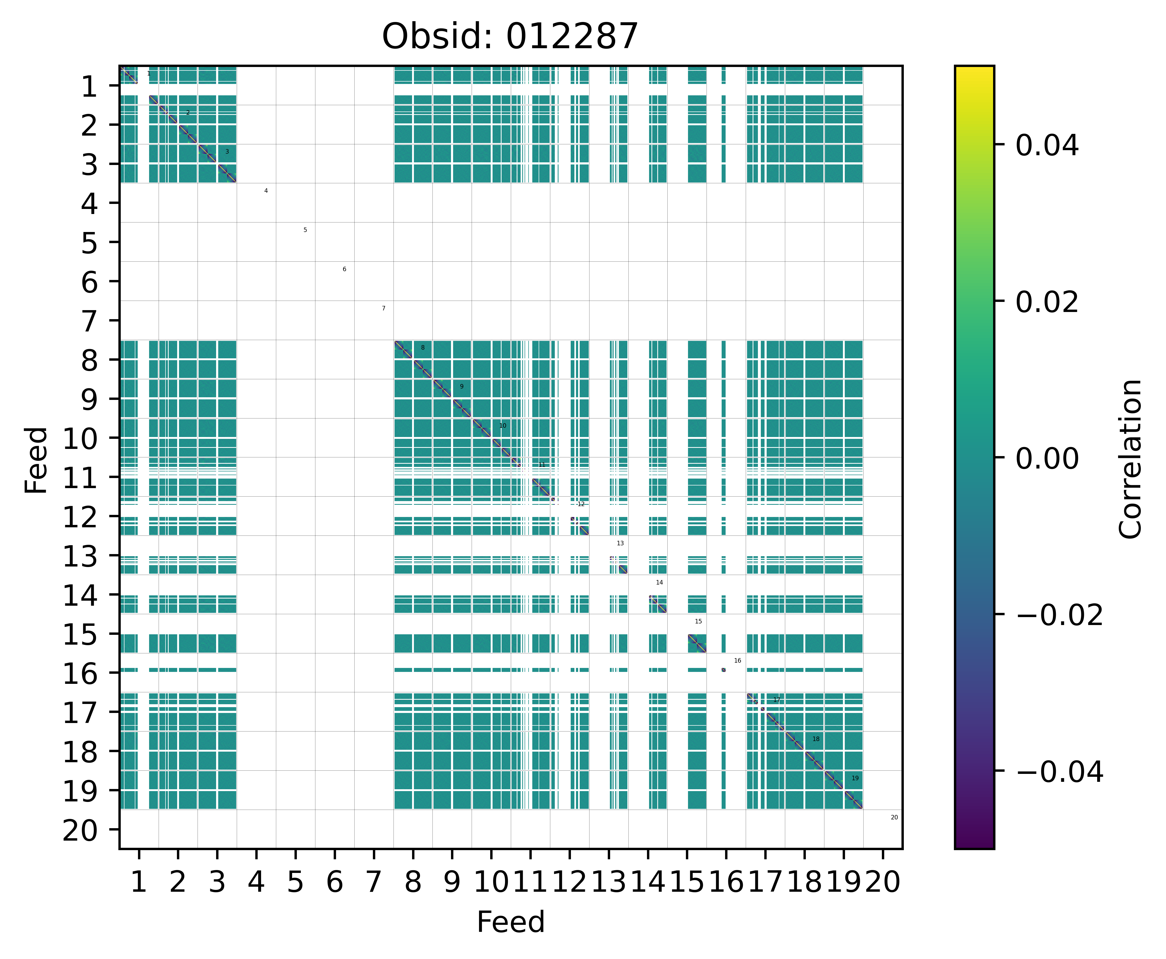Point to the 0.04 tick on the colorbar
(x=1047, y=146)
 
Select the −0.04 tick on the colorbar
(x=1059, y=771)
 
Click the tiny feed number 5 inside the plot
(x=305, y=230)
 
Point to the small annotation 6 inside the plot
(x=344, y=269)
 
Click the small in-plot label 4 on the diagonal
(x=266, y=191)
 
